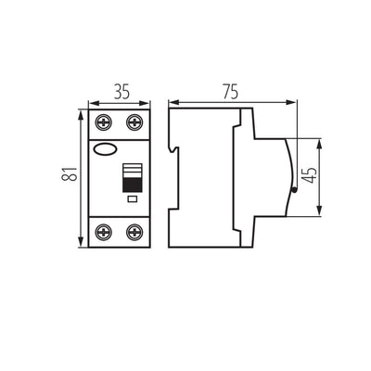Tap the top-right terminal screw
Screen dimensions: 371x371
[x=134, y=121]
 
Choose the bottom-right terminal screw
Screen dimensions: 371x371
[x=134, y=232]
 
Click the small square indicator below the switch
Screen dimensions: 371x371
[x=132, y=199]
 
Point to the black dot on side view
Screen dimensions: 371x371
[x=294, y=191]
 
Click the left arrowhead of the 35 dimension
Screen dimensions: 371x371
[x=91, y=103]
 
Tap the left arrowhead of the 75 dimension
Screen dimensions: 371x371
[x=171, y=103]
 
